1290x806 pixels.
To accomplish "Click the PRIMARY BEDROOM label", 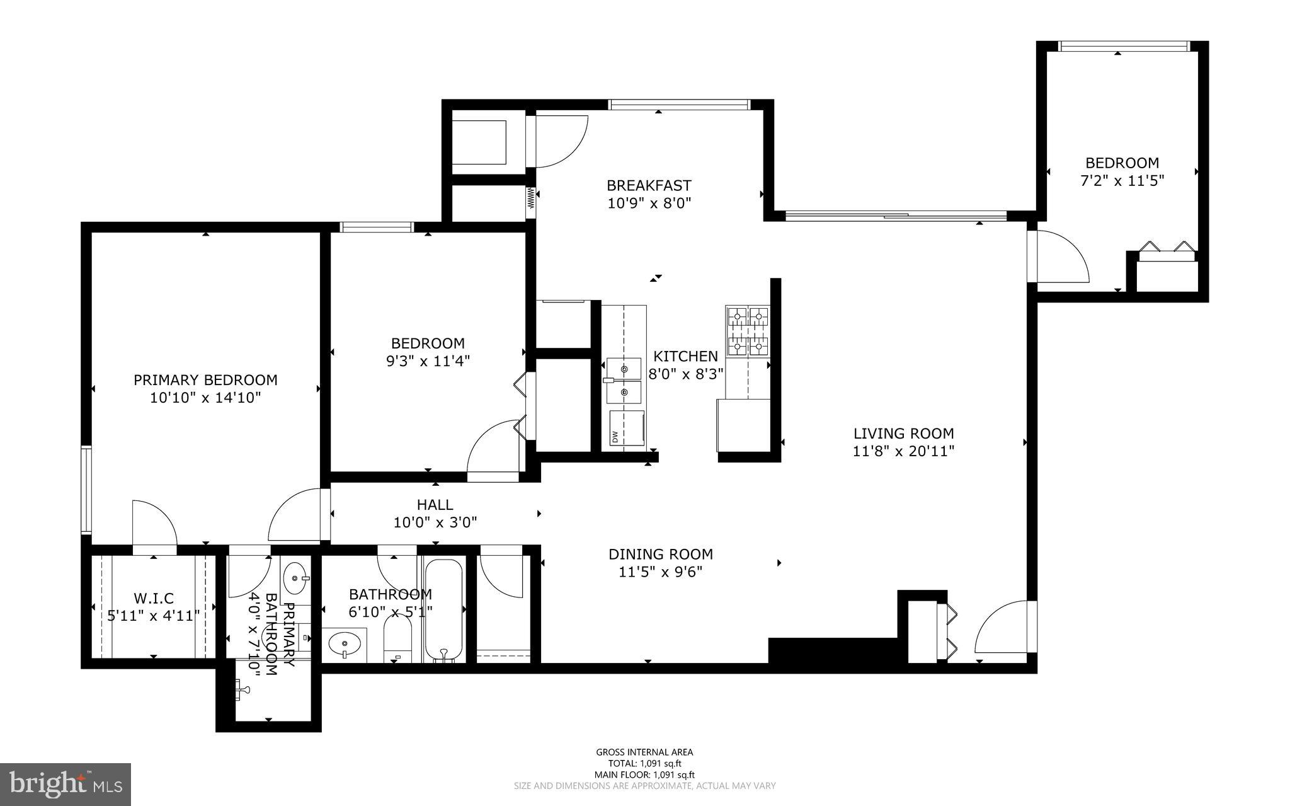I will click(x=205, y=380).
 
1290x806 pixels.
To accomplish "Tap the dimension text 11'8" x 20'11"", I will click(x=903, y=451).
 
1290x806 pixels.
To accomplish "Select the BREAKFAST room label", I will click(x=649, y=185).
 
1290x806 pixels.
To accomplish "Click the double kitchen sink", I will click(x=624, y=381).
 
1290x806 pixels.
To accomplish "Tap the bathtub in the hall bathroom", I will click(x=443, y=609).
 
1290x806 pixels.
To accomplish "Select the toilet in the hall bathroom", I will click(x=397, y=638).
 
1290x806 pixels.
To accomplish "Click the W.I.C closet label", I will click(x=154, y=598).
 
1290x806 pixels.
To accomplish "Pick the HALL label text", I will click(x=435, y=505).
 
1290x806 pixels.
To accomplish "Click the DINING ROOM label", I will click(x=661, y=554).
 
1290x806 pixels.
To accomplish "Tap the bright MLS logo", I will click(x=66, y=784).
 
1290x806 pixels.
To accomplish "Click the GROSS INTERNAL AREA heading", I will click(x=644, y=752).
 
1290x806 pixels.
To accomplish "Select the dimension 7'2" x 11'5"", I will click(x=1122, y=181).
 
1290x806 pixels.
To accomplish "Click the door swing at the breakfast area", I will click(x=561, y=142).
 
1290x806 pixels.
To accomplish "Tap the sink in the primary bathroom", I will click(x=295, y=577).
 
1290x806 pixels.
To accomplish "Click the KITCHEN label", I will click(x=685, y=356).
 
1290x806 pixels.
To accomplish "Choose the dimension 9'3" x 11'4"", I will click(x=428, y=361).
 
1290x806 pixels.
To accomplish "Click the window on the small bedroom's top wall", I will click(x=1123, y=46).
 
